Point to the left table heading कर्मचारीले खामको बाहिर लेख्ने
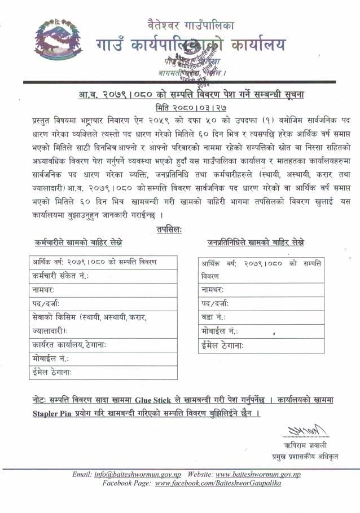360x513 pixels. coord(78,242)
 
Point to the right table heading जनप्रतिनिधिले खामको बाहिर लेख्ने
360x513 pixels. coord(255,242)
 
